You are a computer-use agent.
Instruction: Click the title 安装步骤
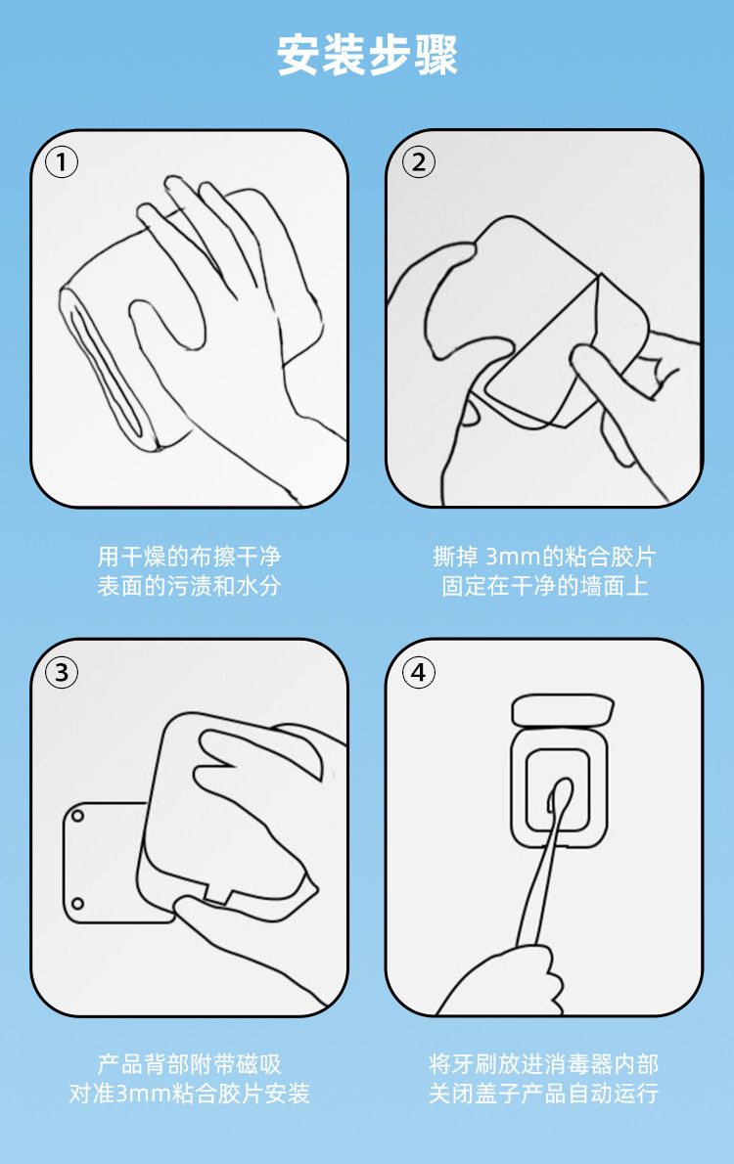pyautogui.click(x=367, y=55)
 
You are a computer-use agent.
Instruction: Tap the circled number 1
pyautogui.click(x=62, y=162)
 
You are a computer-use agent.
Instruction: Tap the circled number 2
pyautogui.click(x=418, y=162)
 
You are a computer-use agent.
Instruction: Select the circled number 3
pyautogui.click(x=62, y=673)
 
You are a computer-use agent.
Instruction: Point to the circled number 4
pyautogui.click(x=418, y=673)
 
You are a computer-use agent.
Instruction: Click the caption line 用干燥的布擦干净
pyautogui.click(x=189, y=556)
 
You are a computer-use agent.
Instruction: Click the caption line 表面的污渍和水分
pyautogui.click(x=189, y=586)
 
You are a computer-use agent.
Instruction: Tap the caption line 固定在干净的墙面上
pyautogui.click(x=544, y=586)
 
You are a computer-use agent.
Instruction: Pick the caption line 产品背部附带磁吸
pyautogui.click(x=189, y=1064)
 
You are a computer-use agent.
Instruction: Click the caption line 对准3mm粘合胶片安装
pyautogui.click(x=189, y=1094)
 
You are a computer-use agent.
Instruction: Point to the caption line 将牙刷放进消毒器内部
pyautogui.click(x=544, y=1064)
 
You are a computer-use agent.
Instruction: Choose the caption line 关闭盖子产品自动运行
pyautogui.click(x=544, y=1094)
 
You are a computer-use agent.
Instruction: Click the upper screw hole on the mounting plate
pyautogui.click(x=77, y=817)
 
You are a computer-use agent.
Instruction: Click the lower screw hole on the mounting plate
pyautogui.click(x=77, y=904)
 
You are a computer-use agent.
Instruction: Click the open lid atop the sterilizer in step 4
pyautogui.click(x=563, y=710)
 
